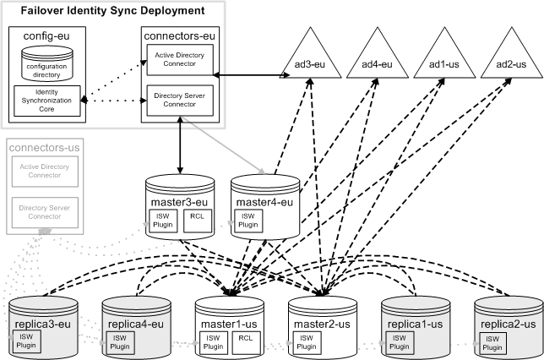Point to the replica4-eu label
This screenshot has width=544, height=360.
click(134, 324)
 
